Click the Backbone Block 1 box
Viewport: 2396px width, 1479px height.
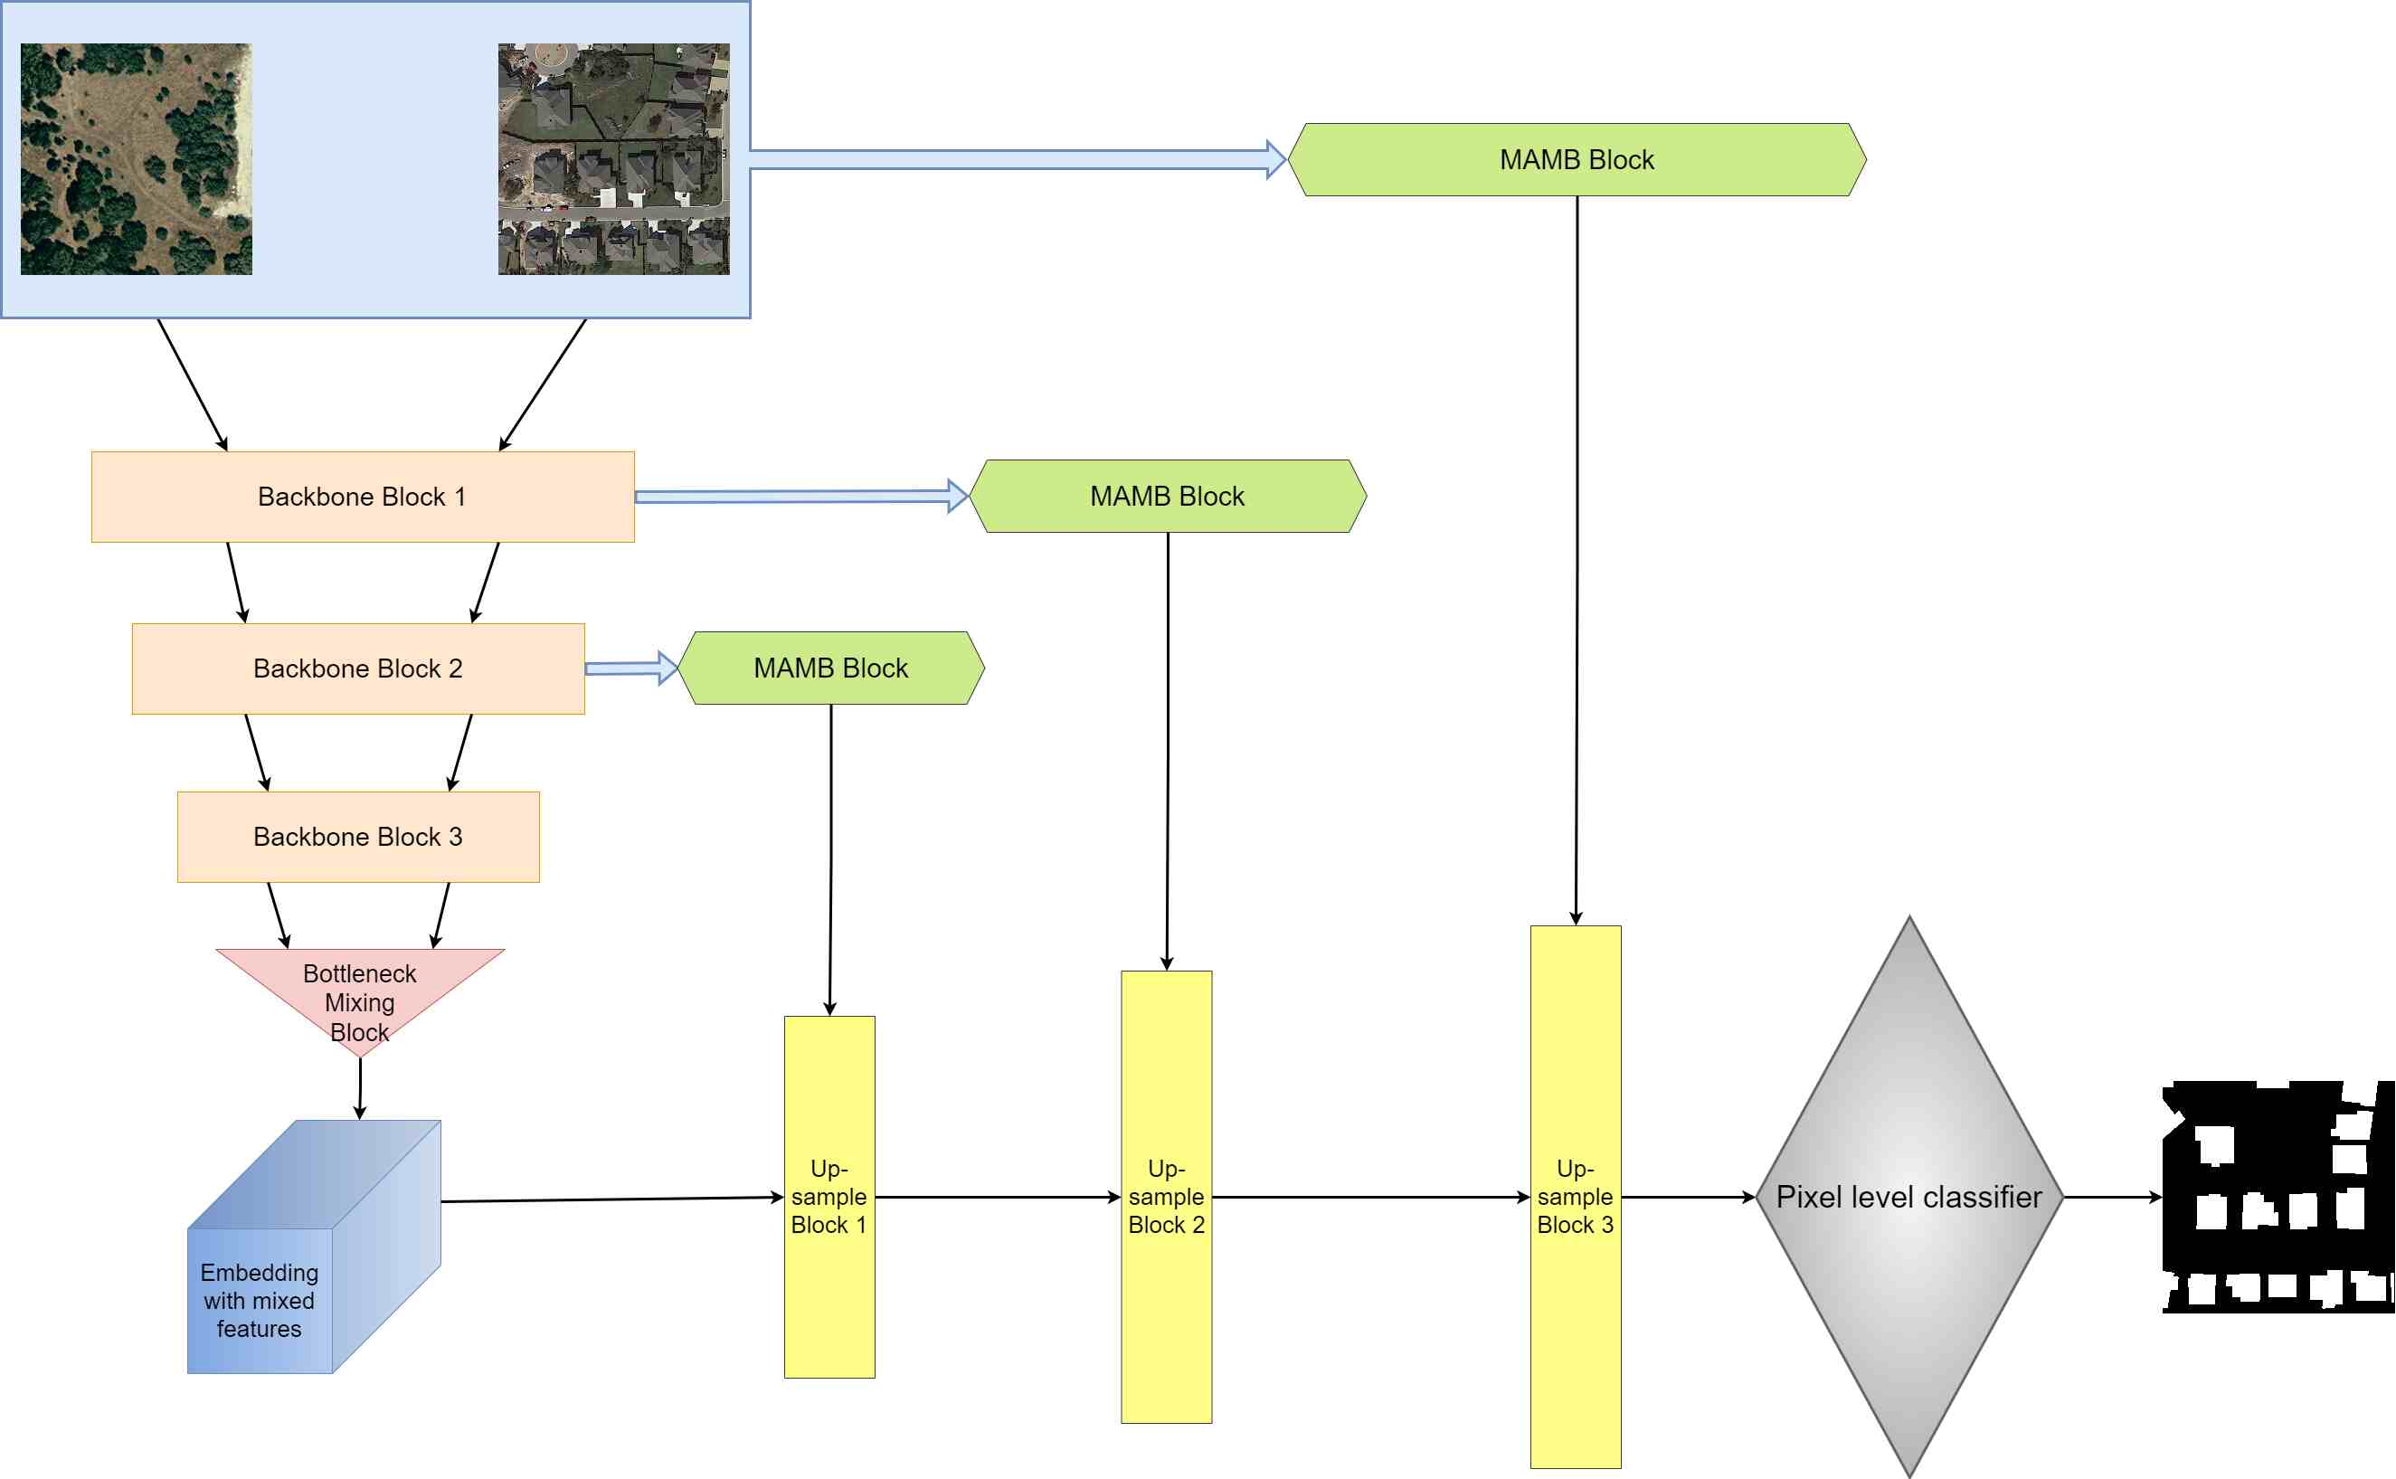tap(362, 497)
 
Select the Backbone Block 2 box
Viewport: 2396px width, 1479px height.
tap(358, 669)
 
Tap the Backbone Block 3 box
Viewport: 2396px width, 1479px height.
tap(358, 838)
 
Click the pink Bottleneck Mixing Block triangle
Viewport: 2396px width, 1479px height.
tap(360, 988)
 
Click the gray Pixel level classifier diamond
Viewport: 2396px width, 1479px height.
tap(1909, 1198)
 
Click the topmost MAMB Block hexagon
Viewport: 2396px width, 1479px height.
tap(1577, 159)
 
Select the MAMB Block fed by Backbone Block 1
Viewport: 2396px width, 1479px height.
tap(1168, 497)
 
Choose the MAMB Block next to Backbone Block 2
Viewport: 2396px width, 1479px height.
tap(831, 668)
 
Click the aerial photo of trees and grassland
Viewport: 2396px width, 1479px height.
tap(136, 158)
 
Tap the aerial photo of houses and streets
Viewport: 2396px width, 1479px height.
tap(613, 158)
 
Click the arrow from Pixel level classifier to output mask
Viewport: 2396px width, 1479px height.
tap(2112, 1198)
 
